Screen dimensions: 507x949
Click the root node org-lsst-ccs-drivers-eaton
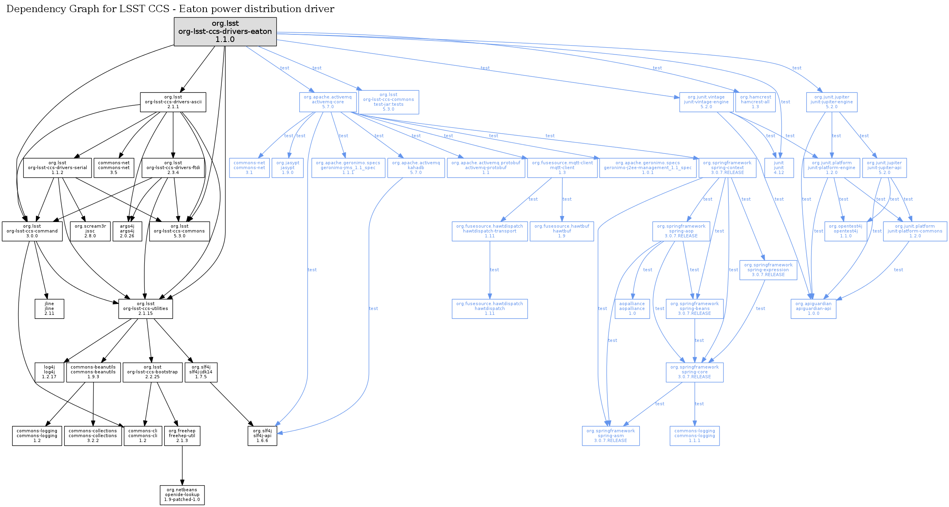tap(225, 31)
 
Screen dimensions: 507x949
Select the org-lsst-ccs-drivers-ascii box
tap(173, 102)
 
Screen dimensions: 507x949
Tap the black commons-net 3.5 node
tap(114, 168)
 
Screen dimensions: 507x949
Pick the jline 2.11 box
tap(49, 309)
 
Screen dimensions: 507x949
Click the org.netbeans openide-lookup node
tap(182, 495)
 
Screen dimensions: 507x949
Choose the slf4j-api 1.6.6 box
tap(262, 436)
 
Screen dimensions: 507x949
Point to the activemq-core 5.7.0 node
tap(328, 102)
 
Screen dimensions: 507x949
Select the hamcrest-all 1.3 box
tap(755, 102)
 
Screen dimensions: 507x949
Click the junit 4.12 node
tap(779, 168)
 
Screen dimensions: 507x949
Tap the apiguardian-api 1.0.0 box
tap(813, 309)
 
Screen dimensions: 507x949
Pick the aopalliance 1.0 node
tap(632, 309)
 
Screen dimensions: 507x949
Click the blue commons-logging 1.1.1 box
tap(695, 436)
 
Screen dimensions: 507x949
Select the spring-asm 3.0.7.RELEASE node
tap(611, 436)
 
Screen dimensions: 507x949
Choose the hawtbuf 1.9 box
tap(562, 231)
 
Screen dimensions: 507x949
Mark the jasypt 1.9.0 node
tap(288, 168)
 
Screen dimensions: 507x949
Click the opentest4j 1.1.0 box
tap(846, 231)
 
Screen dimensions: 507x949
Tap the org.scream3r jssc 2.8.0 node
tap(90, 231)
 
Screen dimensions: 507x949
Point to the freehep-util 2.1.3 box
tap(182, 436)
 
